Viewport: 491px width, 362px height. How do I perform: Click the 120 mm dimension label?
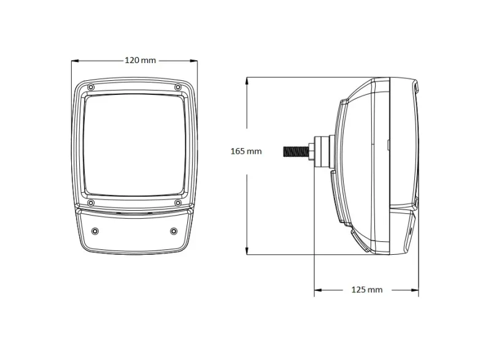tap(140, 60)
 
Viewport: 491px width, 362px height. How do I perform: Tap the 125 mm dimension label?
tap(367, 289)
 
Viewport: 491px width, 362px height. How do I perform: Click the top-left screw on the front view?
tap(91, 88)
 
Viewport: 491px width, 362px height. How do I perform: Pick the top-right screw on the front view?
tap(178, 88)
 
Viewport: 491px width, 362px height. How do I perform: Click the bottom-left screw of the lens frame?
tap(91, 202)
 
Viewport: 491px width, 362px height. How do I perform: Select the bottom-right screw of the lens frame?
tap(177, 202)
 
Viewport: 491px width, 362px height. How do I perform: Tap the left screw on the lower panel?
tap(95, 231)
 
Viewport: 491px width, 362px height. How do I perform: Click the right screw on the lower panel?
tap(174, 231)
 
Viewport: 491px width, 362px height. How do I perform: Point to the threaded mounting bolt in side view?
tap(296, 151)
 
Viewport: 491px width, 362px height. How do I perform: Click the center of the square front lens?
tap(134, 143)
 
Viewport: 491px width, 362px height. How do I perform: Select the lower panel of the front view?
tap(134, 231)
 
